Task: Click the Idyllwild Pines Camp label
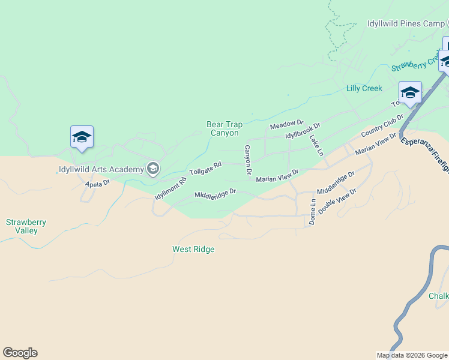[x=406, y=24]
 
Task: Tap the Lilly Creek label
[x=364, y=88]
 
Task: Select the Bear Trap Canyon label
[x=224, y=128]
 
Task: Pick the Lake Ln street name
[x=316, y=145]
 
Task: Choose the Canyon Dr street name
[x=247, y=160]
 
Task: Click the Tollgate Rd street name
[x=205, y=168]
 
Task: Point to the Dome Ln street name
[x=312, y=212]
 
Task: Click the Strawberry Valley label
[x=26, y=226]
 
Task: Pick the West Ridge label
[x=193, y=249]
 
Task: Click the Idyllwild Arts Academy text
[x=101, y=169]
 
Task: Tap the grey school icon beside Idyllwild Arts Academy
[x=153, y=169]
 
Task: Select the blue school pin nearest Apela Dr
[x=82, y=137]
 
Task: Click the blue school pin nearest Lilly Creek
[x=410, y=93]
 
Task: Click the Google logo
[x=20, y=353]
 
